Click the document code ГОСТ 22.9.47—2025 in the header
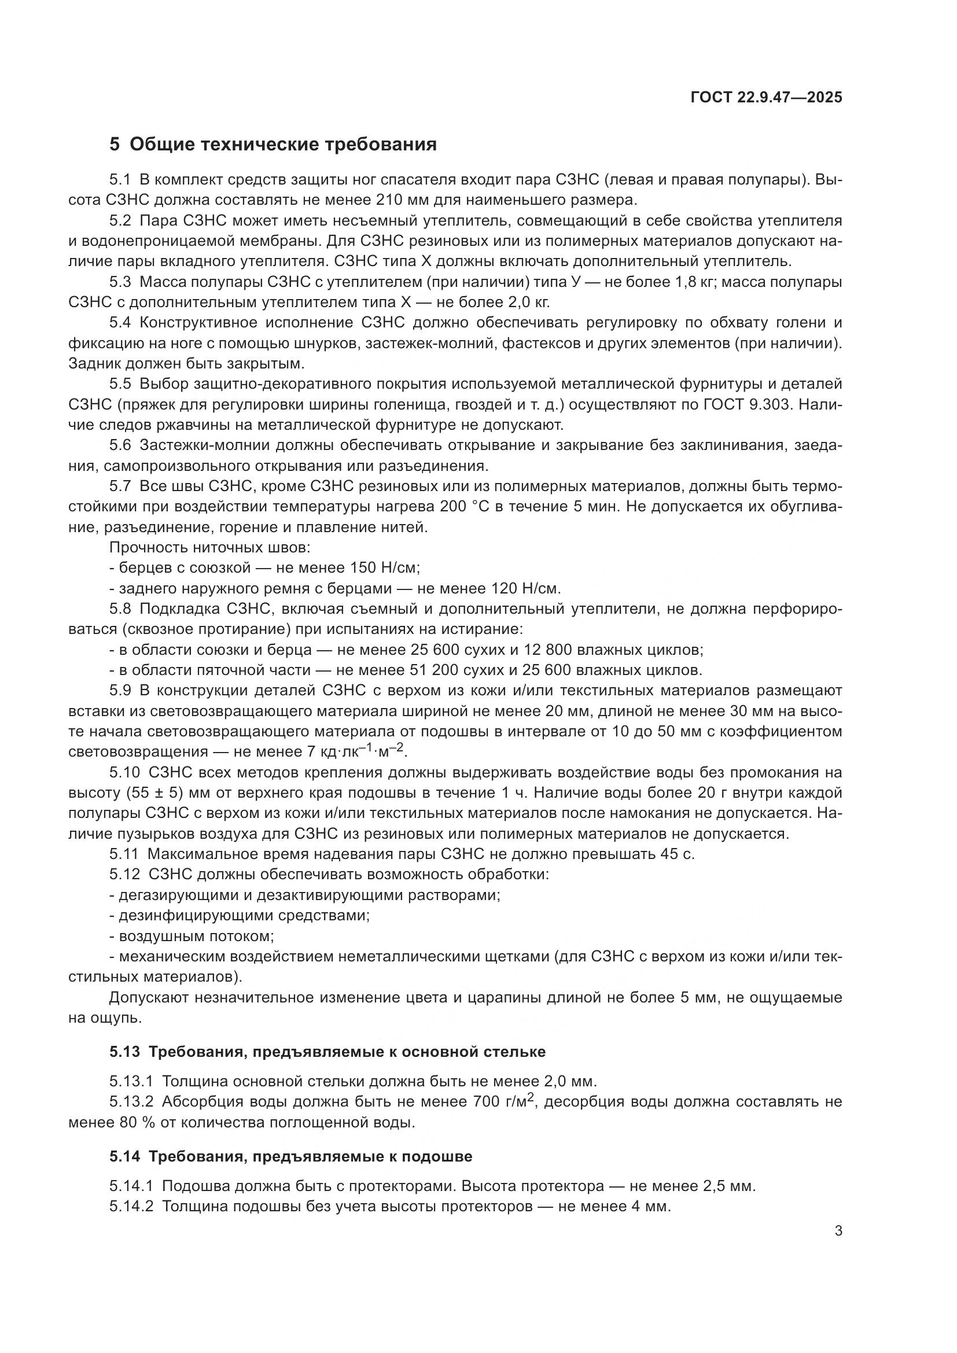pyautogui.click(x=765, y=97)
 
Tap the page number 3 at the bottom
pyautogui.click(x=838, y=1230)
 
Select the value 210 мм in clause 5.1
pyautogui.click(x=401, y=200)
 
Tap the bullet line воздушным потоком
pyautogui.click(x=196, y=936)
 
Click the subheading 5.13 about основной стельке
pyautogui.click(x=327, y=1051)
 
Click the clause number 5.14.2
pyautogui.click(x=131, y=1206)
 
